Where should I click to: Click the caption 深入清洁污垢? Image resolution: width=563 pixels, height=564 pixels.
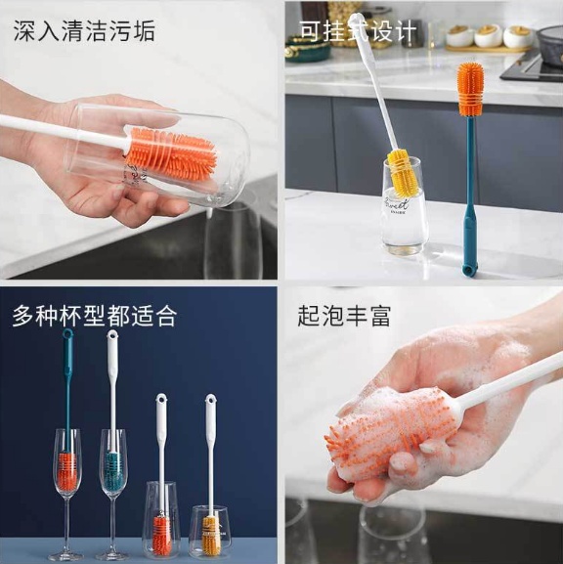pyautogui.click(x=84, y=31)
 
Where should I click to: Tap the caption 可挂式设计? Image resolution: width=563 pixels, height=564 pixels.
pyautogui.click(x=358, y=31)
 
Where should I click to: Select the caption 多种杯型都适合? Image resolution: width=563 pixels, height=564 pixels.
pyautogui.click(x=94, y=316)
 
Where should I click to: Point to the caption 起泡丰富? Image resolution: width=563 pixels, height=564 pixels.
pyautogui.click(x=344, y=316)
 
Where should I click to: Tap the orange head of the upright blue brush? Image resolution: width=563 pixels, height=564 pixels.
pyautogui.click(x=470, y=89)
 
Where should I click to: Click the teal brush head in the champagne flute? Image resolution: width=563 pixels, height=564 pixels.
pyautogui.click(x=115, y=470)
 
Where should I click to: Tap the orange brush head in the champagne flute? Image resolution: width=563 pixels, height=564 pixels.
pyautogui.click(x=67, y=470)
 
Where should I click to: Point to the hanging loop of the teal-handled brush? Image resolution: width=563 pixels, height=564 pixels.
pyautogui.click(x=67, y=334)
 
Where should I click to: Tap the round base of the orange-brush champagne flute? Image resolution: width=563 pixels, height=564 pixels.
pyautogui.click(x=65, y=557)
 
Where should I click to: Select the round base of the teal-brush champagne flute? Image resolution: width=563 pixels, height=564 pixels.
pyautogui.click(x=114, y=557)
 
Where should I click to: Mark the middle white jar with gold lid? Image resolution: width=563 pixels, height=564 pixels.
pyautogui.click(x=488, y=36)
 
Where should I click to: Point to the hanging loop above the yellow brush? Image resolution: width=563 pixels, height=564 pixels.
pyautogui.click(x=210, y=400)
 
